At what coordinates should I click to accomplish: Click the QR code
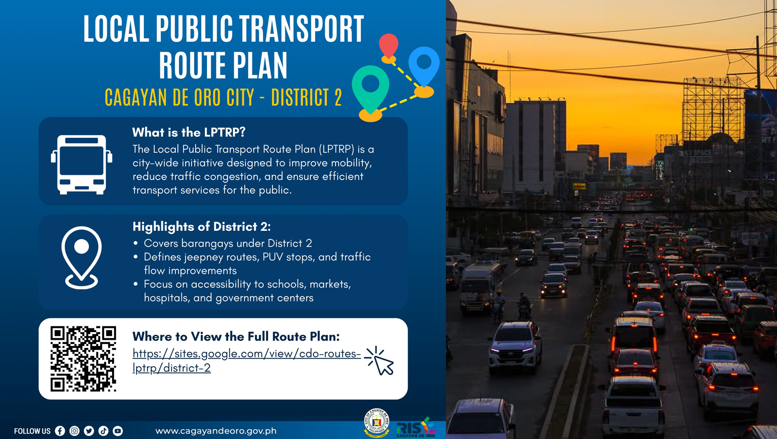83,358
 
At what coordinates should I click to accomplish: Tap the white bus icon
82,164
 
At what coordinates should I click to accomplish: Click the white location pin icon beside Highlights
81,257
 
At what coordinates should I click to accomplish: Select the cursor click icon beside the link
380,360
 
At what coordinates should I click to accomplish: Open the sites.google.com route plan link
246,354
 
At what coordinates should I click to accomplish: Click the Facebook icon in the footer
60,431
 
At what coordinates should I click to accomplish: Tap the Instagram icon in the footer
75,431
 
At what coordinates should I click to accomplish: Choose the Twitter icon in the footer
89,431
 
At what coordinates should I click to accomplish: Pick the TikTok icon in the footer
103,431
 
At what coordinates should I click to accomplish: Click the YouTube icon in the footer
118,431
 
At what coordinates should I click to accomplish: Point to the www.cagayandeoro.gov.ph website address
216,431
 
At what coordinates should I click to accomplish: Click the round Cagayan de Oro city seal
377,423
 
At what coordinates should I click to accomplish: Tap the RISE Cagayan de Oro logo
416,428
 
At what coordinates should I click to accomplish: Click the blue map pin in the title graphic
424,65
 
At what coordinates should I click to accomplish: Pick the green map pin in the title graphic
371,87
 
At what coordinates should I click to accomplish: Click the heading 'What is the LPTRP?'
189,132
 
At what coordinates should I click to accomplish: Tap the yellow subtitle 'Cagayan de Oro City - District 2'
223,98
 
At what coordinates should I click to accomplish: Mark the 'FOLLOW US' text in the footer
32,431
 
